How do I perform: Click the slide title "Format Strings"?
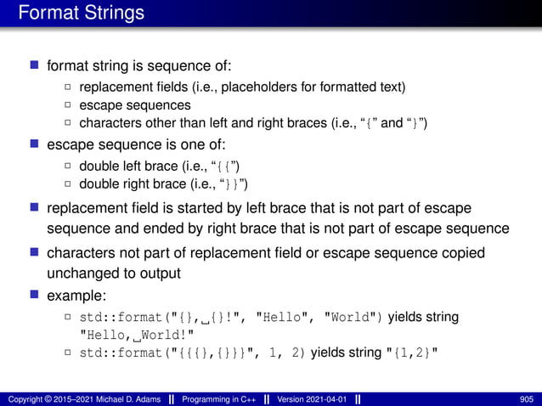pos(81,14)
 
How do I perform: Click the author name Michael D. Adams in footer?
pos(125,398)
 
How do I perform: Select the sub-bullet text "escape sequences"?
pos(134,105)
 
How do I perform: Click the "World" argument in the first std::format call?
pos(350,317)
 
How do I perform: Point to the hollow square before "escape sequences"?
pos(68,105)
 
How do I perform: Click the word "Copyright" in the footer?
pos(25,398)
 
